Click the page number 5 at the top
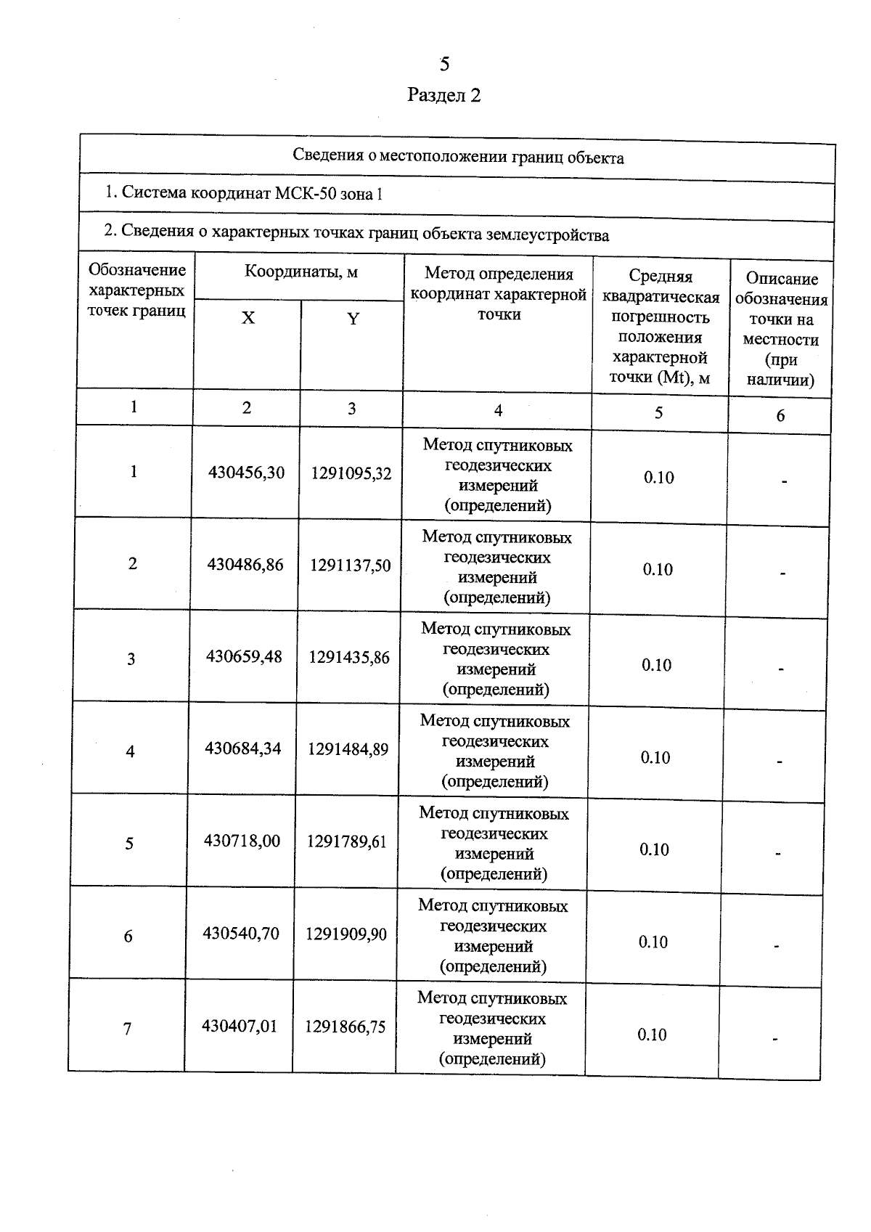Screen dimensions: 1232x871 pos(444,64)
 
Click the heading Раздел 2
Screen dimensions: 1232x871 pos(444,95)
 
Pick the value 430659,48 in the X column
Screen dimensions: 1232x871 pos(244,656)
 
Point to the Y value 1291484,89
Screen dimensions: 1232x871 pos(348,749)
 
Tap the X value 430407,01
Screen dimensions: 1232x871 pos(240,1026)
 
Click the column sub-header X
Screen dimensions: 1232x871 pos(248,318)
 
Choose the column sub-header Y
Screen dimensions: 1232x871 pos(353,319)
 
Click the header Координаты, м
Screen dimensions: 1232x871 pos(300,272)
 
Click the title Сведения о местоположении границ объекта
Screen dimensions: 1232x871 pos(458,157)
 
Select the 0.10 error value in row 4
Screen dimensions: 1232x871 pos(655,757)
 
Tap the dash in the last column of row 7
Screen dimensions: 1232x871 pos(774,1039)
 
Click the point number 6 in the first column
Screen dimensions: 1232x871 pos(128,936)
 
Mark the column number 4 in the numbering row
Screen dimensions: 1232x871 pos(498,410)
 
